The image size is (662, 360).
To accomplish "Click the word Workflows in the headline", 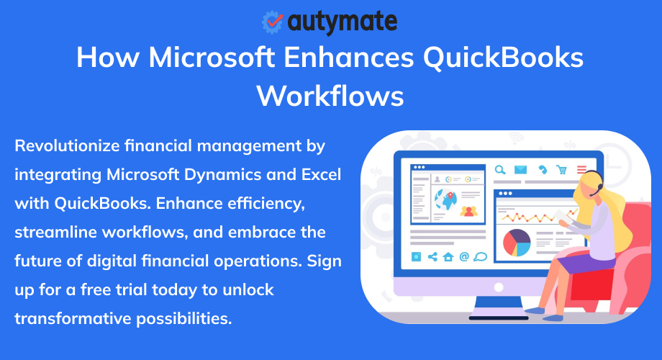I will tap(330, 94).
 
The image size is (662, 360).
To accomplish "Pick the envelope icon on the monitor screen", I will tap(521, 170).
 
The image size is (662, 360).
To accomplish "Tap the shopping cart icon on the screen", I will tap(562, 170).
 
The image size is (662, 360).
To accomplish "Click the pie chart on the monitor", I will tap(516, 243).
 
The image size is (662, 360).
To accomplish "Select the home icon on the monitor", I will tap(448, 256).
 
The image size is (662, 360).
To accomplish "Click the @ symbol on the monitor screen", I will tap(464, 256).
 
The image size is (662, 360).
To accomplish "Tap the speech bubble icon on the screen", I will tap(481, 256).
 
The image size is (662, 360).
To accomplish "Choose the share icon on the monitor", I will tap(432, 256).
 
